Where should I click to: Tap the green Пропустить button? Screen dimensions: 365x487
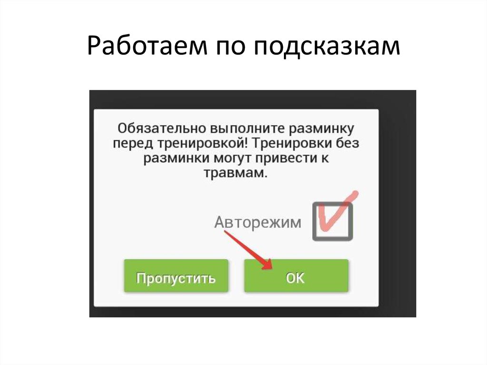click(x=175, y=278)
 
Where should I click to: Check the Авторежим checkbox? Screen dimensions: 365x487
click(x=332, y=221)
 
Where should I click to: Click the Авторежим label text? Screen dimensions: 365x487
click(x=257, y=222)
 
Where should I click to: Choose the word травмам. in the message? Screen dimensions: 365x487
click(x=236, y=173)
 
